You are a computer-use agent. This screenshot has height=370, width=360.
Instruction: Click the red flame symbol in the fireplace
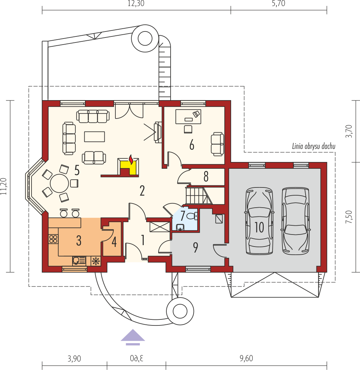[x=131, y=160]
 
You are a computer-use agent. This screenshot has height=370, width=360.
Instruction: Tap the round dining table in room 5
[x=59, y=183]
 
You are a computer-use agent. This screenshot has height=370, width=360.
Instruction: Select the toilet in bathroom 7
[x=192, y=215]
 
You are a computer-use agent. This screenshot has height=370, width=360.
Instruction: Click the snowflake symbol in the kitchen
[x=95, y=261]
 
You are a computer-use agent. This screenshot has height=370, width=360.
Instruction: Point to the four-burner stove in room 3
[x=53, y=239]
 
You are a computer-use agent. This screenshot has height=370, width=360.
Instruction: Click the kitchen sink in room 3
[x=79, y=261]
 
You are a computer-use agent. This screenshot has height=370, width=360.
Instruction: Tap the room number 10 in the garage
[x=259, y=227]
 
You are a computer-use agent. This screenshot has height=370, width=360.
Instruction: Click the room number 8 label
[x=206, y=177]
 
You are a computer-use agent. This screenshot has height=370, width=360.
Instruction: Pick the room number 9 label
[x=195, y=248]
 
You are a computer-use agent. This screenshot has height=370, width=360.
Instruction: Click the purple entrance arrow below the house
[x=133, y=337]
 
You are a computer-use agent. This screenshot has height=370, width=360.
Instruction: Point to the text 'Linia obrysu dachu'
[x=314, y=146]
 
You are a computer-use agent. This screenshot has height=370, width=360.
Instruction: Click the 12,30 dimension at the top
[x=136, y=3]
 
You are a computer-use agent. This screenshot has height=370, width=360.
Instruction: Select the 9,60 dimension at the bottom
[x=246, y=358]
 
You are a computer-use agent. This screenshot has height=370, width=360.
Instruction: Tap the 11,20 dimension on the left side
[x=4, y=186]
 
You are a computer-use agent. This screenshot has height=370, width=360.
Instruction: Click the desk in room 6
[x=188, y=116]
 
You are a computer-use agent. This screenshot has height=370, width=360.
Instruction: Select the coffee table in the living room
[x=95, y=137]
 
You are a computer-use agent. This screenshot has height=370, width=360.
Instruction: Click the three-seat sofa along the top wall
[x=93, y=116]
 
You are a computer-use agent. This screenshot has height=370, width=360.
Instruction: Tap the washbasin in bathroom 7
[x=181, y=227]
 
